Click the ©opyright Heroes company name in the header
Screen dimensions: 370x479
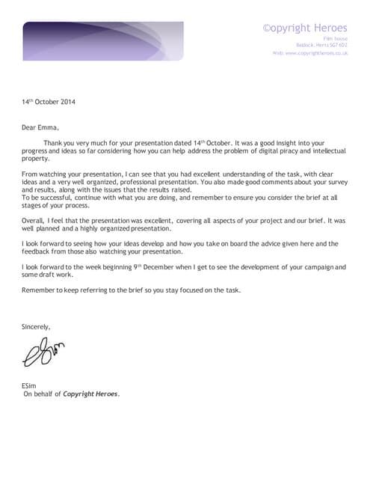(304, 28)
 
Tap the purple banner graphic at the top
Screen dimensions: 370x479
(102, 40)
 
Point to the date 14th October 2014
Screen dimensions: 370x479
(49, 101)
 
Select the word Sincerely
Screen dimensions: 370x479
(36, 326)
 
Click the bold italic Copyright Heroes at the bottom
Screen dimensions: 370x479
(90, 394)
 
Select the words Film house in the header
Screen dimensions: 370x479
(335, 37)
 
